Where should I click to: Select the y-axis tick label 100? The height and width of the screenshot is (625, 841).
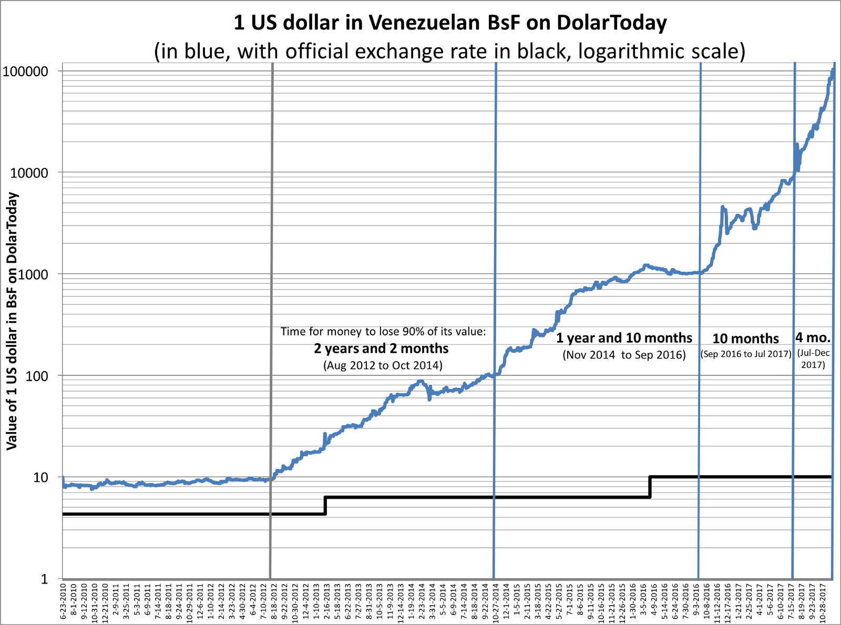point(36,376)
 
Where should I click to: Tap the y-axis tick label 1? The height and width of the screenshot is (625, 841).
point(45,579)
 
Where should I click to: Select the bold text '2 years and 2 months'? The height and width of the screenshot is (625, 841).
point(381,349)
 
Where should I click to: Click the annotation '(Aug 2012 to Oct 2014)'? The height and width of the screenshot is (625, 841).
point(383,365)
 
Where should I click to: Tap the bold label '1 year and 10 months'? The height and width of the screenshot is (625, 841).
point(624,338)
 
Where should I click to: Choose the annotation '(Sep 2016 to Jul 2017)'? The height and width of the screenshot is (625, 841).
point(746,354)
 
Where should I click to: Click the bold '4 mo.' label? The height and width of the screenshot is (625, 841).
point(813,337)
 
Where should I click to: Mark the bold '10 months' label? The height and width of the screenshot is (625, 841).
point(745,339)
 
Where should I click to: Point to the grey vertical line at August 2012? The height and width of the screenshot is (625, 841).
point(271,263)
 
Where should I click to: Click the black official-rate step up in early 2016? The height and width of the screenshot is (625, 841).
point(650,487)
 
